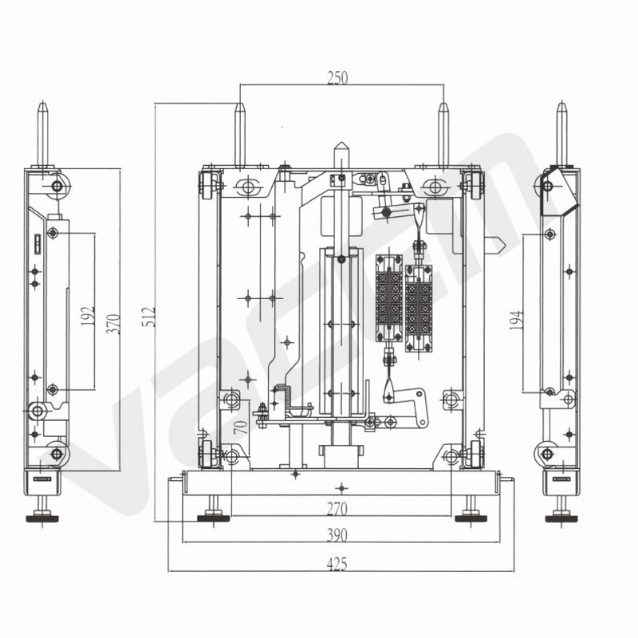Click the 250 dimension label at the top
337,77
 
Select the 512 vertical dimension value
149,316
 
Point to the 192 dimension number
88,316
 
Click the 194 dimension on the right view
516,320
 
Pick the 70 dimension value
241,427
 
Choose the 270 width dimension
337,509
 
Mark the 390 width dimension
337,535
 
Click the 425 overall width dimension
337,565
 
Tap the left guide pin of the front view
240,136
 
